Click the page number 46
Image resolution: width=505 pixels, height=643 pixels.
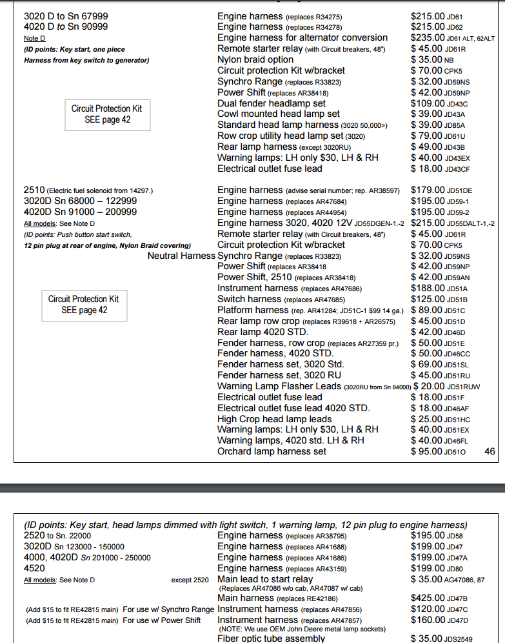click(490, 451)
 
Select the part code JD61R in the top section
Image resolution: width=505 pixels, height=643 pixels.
click(455, 49)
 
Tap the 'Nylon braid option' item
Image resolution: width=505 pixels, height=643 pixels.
click(255, 59)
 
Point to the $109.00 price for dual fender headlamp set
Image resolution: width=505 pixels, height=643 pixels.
click(426, 103)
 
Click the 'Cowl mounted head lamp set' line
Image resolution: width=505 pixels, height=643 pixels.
click(278, 114)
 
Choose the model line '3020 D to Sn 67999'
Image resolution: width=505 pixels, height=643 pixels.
click(65, 15)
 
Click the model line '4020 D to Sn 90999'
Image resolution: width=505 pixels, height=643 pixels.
click(65, 26)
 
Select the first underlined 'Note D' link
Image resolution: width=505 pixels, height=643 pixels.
click(34, 38)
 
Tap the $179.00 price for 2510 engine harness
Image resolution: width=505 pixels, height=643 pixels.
click(426, 190)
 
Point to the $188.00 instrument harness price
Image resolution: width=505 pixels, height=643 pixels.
click(426, 288)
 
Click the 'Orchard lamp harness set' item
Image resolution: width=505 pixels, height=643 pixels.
click(272, 451)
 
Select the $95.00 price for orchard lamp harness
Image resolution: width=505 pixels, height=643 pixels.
click(426, 451)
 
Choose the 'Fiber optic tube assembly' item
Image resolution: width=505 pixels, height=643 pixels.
click(271, 638)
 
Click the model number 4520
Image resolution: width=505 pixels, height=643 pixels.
click(34, 568)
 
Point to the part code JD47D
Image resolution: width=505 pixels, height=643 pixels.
click(457, 620)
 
